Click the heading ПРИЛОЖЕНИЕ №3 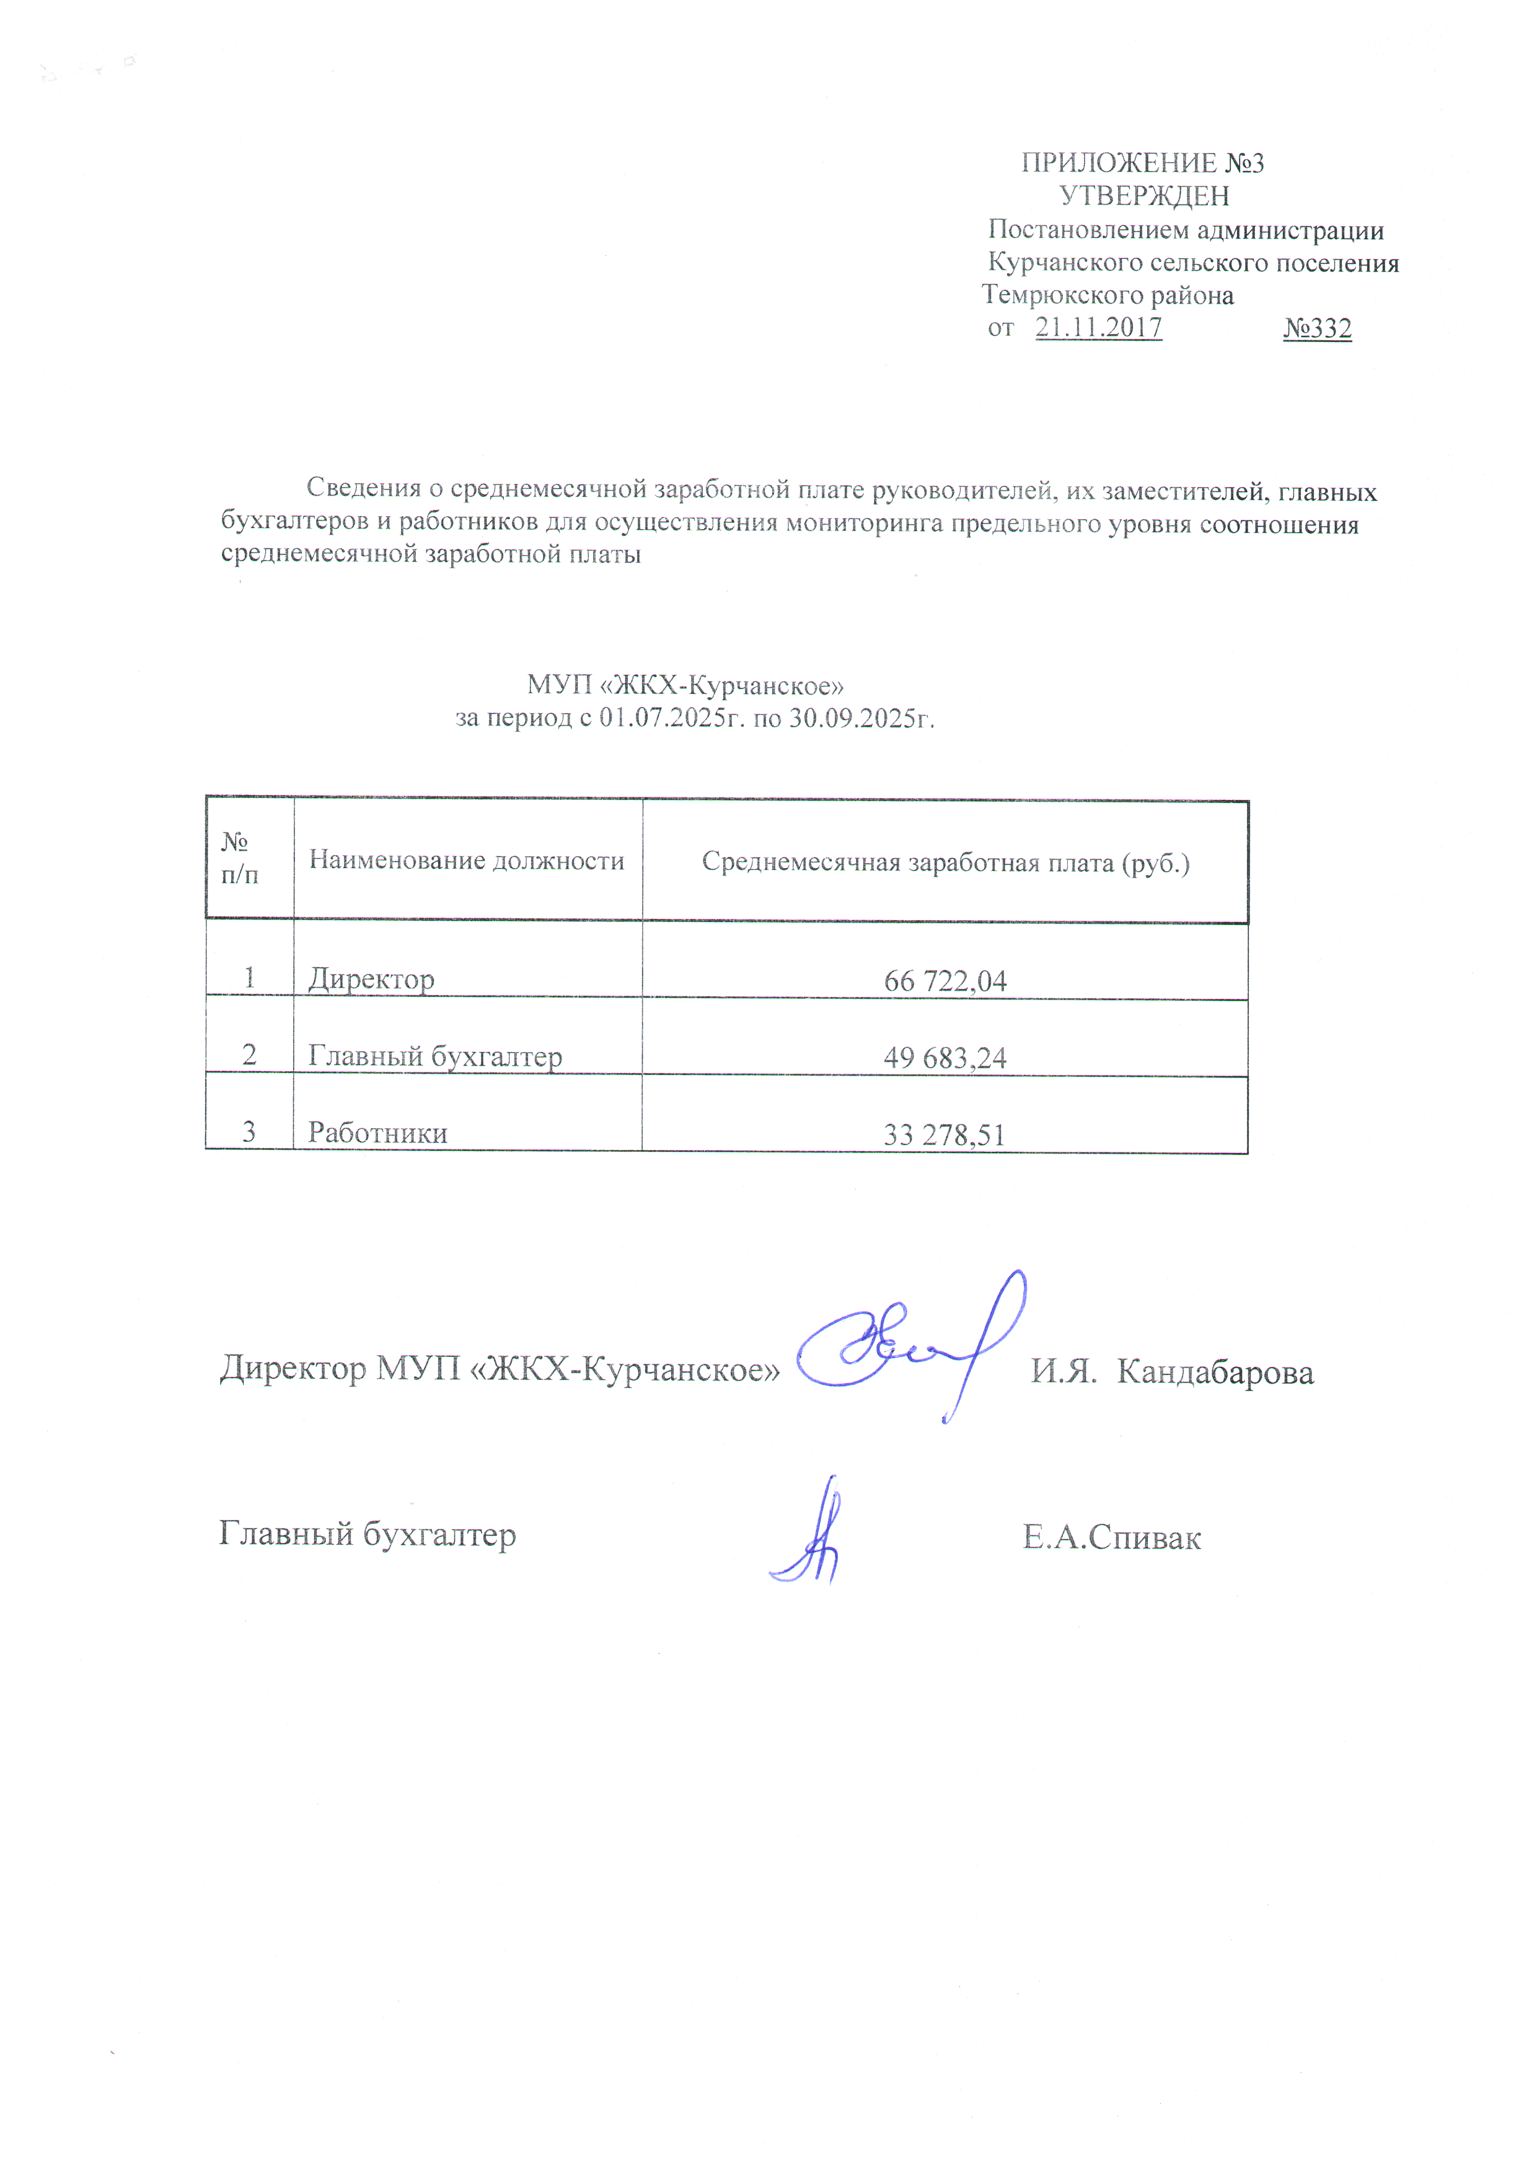pos(1142,163)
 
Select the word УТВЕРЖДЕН pos(1143,196)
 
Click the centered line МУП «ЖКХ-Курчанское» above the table pos(685,684)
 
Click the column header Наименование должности pos(467,859)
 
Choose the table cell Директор pos(371,978)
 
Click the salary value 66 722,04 pos(945,980)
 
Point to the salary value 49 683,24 pos(945,1057)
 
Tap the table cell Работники pos(377,1132)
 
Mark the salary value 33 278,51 pos(944,1134)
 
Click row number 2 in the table pos(249,1055)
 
